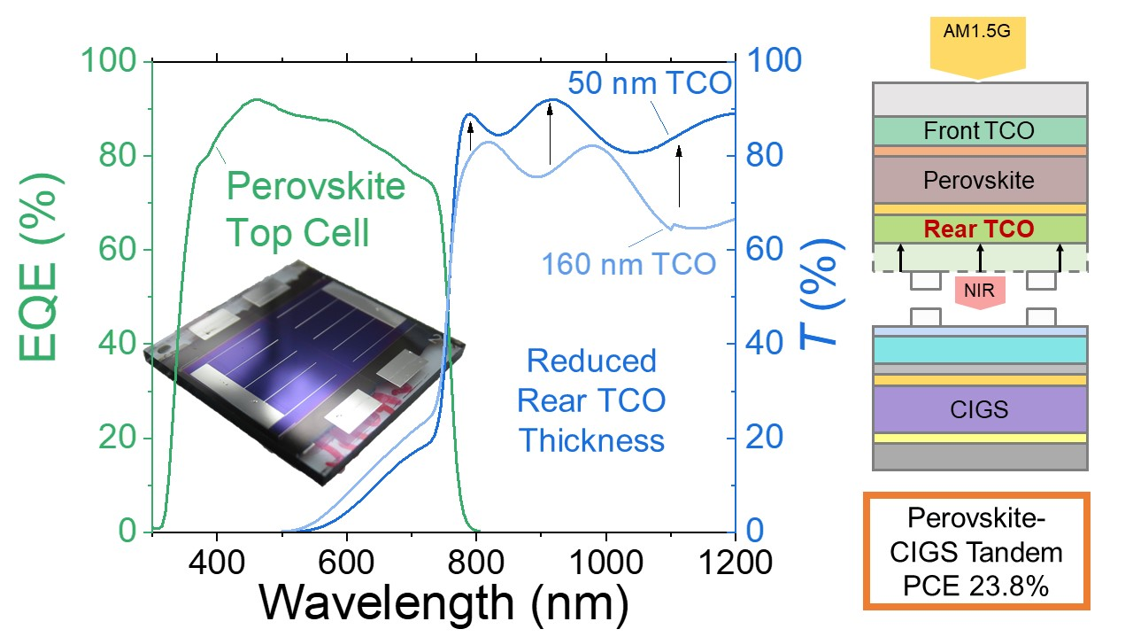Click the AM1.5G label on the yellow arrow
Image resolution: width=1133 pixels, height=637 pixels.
(x=976, y=31)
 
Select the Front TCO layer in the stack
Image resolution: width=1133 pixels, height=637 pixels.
(x=980, y=131)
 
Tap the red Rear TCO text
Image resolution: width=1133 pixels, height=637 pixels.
(x=979, y=229)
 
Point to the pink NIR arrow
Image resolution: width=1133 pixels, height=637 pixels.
(x=980, y=292)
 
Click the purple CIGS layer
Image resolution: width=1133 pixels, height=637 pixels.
(x=980, y=409)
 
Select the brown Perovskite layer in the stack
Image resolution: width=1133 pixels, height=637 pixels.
(x=980, y=180)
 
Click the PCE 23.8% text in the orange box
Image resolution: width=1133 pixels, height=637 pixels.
(x=975, y=587)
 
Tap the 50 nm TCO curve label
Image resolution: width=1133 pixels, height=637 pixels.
(x=650, y=83)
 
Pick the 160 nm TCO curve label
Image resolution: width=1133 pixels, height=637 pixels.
(x=628, y=264)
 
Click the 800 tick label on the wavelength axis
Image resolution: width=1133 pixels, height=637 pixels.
(x=476, y=563)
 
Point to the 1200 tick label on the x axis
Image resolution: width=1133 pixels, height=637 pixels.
(x=735, y=563)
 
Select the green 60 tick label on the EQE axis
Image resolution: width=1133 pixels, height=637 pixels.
(x=118, y=249)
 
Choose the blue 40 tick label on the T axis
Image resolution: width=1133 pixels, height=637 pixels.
(x=764, y=344)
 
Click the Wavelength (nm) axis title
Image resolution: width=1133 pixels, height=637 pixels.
(x=444, y=602)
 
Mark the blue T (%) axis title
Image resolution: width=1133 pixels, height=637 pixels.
(x=823, y=293)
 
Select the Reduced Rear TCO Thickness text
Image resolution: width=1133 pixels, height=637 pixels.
(x=591, y=400)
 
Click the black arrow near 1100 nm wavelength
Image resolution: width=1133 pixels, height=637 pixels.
(x=679, y=176)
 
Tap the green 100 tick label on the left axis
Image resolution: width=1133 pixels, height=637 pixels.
(x=109, y=61)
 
